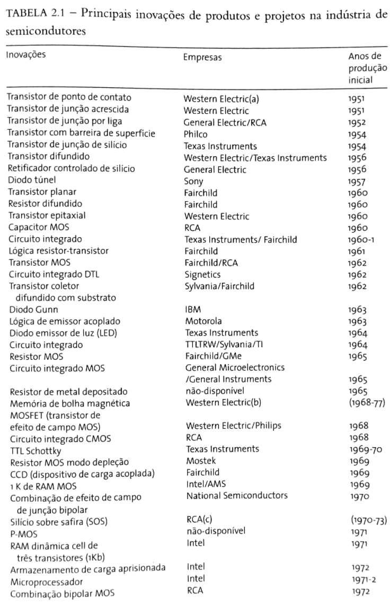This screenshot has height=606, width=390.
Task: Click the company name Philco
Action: [196, 134]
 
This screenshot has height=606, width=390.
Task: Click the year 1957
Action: [356, 181]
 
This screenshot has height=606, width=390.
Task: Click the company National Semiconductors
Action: [236, 495]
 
